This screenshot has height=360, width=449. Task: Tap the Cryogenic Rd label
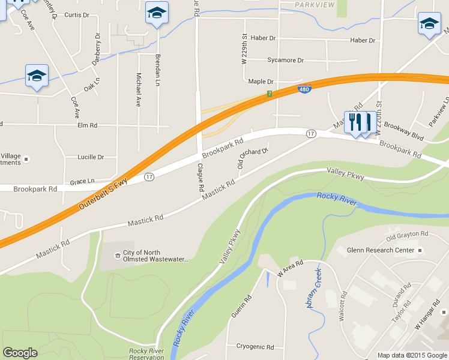(255, 347)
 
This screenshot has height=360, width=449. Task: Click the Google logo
(20, 353)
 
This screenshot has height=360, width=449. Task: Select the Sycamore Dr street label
(286, 61)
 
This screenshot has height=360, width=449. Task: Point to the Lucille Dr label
(91, 157)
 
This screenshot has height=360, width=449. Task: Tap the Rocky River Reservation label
(146, 354)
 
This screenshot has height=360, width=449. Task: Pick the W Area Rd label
(290, 267)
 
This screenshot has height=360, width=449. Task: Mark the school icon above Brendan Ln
(157, 13)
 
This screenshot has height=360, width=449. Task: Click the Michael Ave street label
(139, 90)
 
